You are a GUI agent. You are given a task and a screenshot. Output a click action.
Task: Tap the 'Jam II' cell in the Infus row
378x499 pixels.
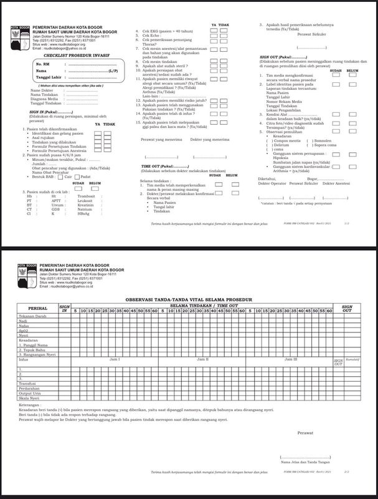(x=202, y=361)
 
